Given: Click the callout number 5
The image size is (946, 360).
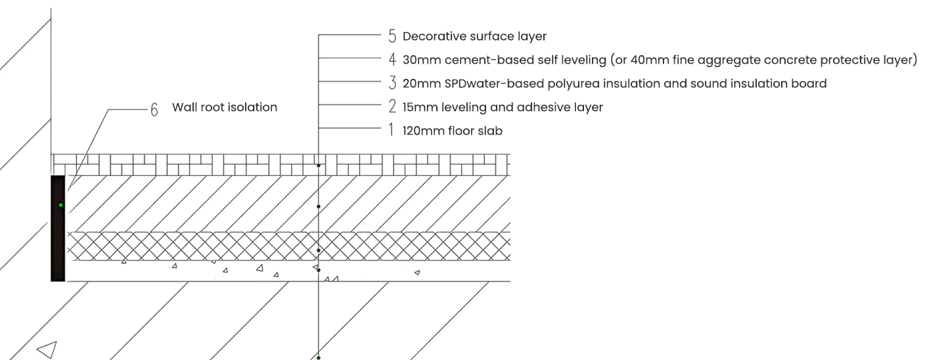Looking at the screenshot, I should point(392,36).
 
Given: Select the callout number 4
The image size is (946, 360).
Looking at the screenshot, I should point(392,60).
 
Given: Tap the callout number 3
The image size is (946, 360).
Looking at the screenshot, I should point(392,83).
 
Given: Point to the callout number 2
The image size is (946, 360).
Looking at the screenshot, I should point(392,107).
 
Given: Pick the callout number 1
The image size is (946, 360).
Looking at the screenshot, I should point(392,131).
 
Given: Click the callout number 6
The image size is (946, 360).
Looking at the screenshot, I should point(154,110).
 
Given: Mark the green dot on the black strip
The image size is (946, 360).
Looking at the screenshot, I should point(60,206).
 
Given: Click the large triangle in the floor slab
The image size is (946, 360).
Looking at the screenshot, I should point(47,349).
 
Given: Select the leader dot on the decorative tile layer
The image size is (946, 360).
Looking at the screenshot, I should point(319,166).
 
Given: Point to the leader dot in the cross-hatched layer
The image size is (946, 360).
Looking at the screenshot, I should point(319,250).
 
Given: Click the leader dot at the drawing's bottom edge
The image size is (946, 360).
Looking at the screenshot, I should point(319,357).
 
